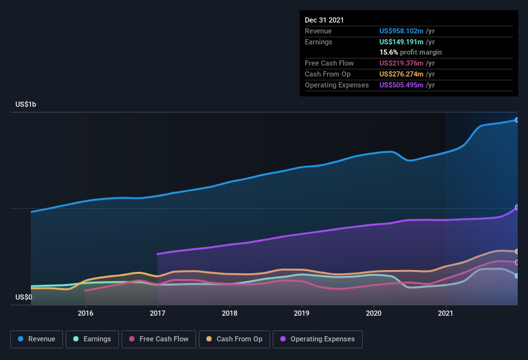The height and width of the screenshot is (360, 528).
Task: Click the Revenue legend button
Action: (x=37, y=339)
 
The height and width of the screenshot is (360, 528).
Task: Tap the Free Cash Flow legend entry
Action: (x=159, y=339)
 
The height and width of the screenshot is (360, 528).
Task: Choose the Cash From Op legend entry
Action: (x=235, y=339)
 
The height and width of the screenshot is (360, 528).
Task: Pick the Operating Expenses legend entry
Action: (x=318, y=339)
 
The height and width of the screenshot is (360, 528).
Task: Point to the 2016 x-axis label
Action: (x=86, y=313)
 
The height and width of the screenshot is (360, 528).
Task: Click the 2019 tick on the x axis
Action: (x=302, y=313)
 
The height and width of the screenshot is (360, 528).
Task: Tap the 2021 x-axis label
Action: (x=446, y=313)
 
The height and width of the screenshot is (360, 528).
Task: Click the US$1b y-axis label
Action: (x=26, y=104)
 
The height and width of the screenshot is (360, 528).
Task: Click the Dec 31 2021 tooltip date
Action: (x=324, y=20)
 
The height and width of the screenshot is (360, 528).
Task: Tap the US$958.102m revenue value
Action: (x=402, y=31)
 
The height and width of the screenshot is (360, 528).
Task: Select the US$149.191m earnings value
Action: (x=402, y=42)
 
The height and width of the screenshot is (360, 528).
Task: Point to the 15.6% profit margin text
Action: (x=410, y=52)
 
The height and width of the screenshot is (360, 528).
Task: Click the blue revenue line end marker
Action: (x=517, y=120)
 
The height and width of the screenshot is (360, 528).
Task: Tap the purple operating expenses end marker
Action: (x=517, y=208)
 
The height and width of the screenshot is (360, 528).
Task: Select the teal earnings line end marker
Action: (x=517, y=276)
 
